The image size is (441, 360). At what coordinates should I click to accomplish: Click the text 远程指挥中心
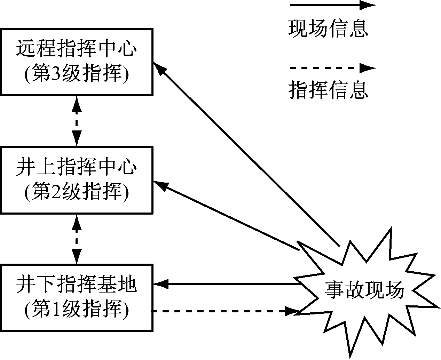tap(77, 49)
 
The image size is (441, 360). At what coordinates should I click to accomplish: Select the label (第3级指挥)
tap(77, 73)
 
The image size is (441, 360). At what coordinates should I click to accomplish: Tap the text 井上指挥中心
tap(77, 167)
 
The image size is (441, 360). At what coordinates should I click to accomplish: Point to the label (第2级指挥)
tap(77, 191)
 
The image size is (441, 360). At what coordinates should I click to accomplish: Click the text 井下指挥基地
tap(77, 285)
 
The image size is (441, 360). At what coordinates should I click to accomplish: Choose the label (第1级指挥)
tap(77, 309)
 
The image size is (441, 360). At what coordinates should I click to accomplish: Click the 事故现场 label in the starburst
tap(364, 290)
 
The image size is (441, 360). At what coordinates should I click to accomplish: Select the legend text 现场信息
tap(328, 29)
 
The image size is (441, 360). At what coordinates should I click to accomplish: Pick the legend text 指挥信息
tap(328, 90)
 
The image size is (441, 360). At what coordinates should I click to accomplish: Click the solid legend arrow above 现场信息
tap(332, 5)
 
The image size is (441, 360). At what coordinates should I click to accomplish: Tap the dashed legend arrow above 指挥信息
tap(332, 68)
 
